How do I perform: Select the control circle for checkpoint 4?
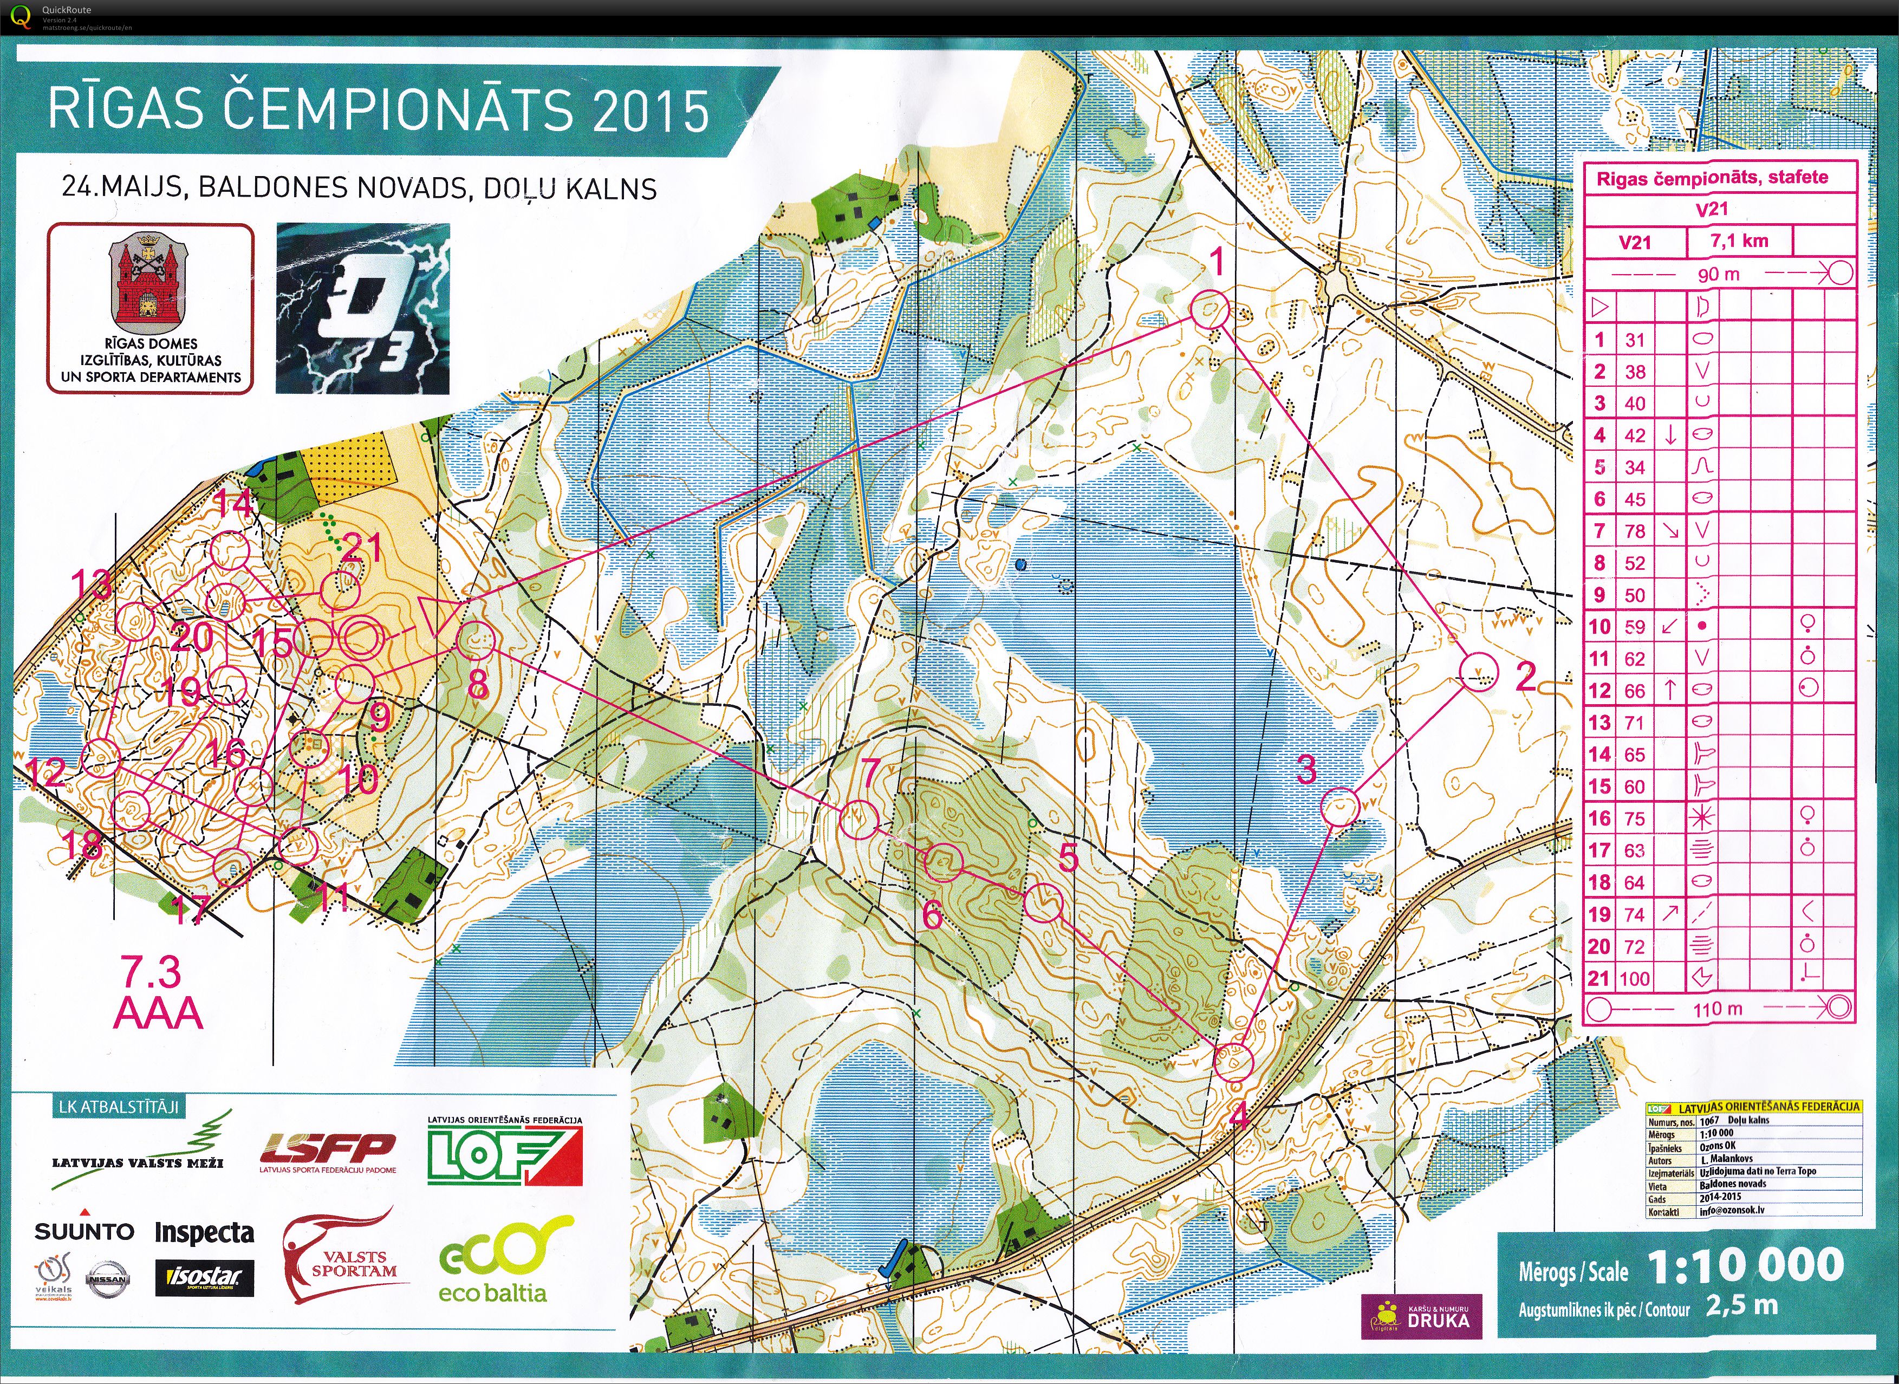click(x=1233, y=1061)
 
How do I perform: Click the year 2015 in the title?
click(x=650, y=112)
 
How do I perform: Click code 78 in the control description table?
click(x=1634, y=531)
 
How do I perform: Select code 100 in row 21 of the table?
click(x=1634, y=978)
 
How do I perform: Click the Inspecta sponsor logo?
click(x=204, y=1232)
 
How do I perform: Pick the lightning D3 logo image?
click(x=363, y=308)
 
